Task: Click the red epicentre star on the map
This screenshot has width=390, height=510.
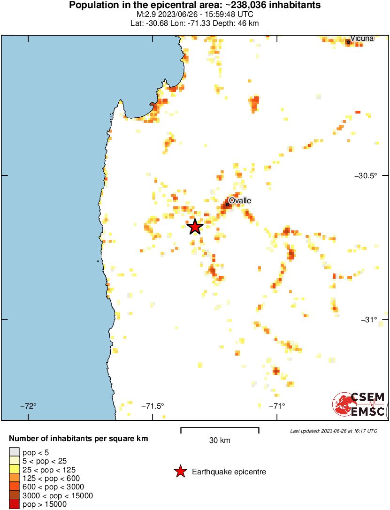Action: (x=195, y=227)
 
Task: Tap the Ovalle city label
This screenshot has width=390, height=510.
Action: (x=240, y=201)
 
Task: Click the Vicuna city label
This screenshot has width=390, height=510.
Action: (x=362, y=38)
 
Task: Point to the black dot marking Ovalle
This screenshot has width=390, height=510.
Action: (x=228, y=204)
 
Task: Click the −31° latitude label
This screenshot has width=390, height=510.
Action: (x=369, y=320)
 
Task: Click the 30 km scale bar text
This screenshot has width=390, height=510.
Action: (x=220, y=441)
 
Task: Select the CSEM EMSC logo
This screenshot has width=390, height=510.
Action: (x=359, y=404)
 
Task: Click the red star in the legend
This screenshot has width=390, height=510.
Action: (x=180, y=472)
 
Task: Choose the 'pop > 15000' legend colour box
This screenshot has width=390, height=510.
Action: (x=14, y=504)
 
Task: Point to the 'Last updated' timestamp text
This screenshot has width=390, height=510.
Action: (x=333, y=431)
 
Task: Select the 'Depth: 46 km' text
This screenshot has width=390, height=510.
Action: (x=237, y=23)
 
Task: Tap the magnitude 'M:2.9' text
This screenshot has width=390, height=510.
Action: (x=146, y=15)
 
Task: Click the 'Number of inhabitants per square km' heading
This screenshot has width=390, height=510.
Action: (x=79, y=439)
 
